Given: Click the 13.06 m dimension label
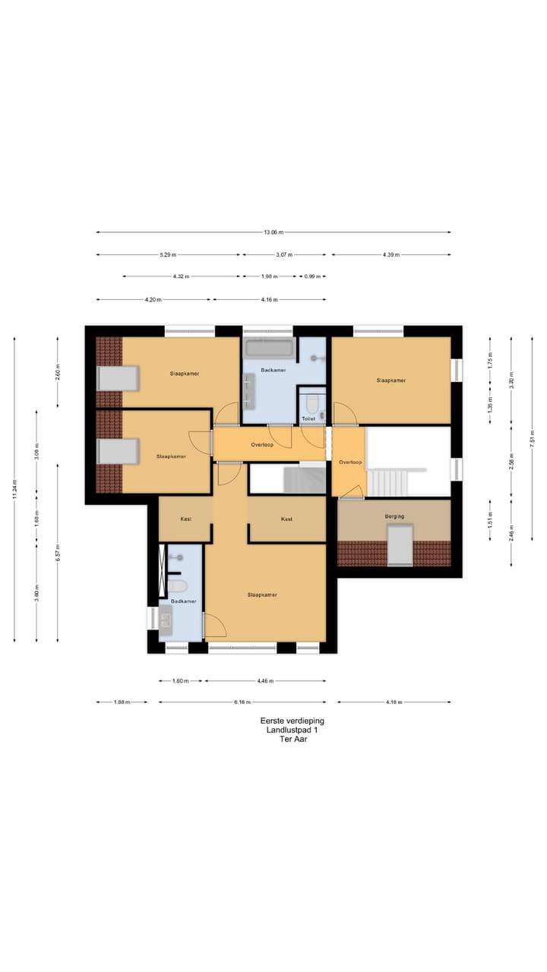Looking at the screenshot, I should [x=274, y=232].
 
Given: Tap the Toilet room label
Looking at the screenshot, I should [x=308, y=418].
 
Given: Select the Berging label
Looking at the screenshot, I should [x=394, y=516].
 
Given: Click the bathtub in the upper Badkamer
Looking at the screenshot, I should [x=269, y=349].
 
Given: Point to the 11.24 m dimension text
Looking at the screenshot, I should [x=14, y=491].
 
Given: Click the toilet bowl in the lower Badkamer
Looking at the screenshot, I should [x=178, y=585].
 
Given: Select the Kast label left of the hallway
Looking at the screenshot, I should [x=185, y=519].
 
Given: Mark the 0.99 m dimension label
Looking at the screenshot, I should [x=311, y=276].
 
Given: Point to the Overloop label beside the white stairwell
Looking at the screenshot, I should [x=349, y=462].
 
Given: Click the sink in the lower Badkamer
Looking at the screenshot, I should [x=166, y=619].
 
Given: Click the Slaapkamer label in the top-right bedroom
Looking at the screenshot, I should [x=390, y=380].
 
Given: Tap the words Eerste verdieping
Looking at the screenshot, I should [x=286, y=721].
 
